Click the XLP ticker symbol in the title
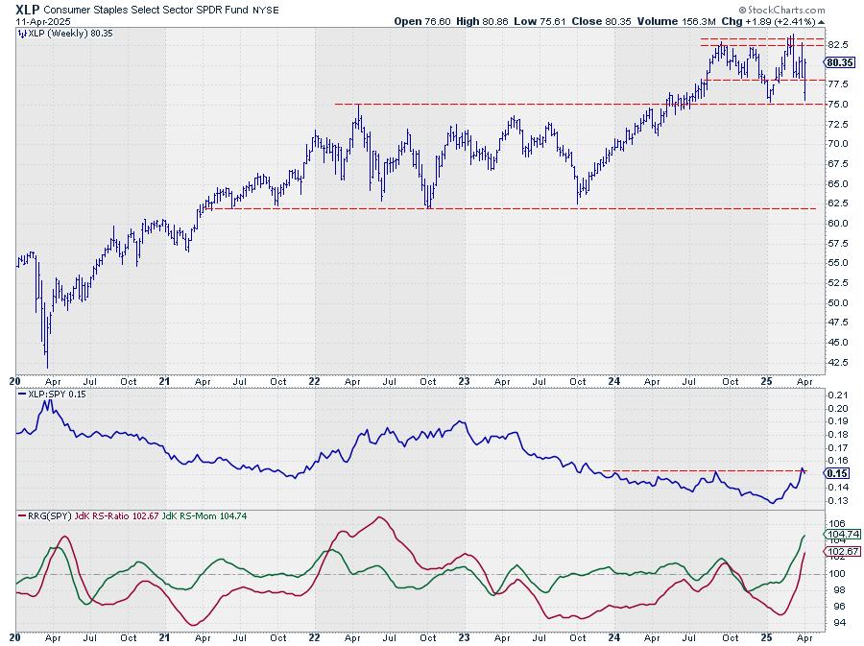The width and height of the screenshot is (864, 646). tap(26, 8)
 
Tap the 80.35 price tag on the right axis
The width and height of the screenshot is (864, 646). tap(840, 62)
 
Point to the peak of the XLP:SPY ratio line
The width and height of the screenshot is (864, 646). tap(46, 399)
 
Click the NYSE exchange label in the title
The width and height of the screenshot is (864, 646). tap(251, 9)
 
